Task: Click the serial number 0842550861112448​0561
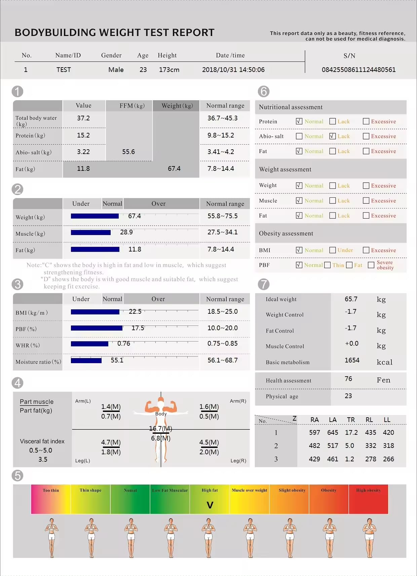coord(358,70)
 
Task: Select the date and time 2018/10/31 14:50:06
coord(233,70)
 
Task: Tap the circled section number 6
coord(264,91)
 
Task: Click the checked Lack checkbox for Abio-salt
coord(333,136)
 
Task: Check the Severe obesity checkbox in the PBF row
coord(371,265)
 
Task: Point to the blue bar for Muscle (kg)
coord(91,232)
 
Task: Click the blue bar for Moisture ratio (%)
coord(86,360)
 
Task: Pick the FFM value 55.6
coord(128,152)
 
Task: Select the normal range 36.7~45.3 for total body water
coord(222,118)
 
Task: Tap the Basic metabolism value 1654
coord(352,360)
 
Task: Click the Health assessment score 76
coord(348,379)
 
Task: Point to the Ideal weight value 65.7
coord(351,299)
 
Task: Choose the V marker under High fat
coord(210,505)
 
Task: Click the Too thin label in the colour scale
coord(51,490)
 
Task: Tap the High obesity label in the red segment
coord(368,490)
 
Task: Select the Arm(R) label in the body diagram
coord(238,401)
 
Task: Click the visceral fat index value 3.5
coord(43,459)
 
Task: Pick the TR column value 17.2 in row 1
coord(351,432)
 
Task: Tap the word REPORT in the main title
coord(193,33)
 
